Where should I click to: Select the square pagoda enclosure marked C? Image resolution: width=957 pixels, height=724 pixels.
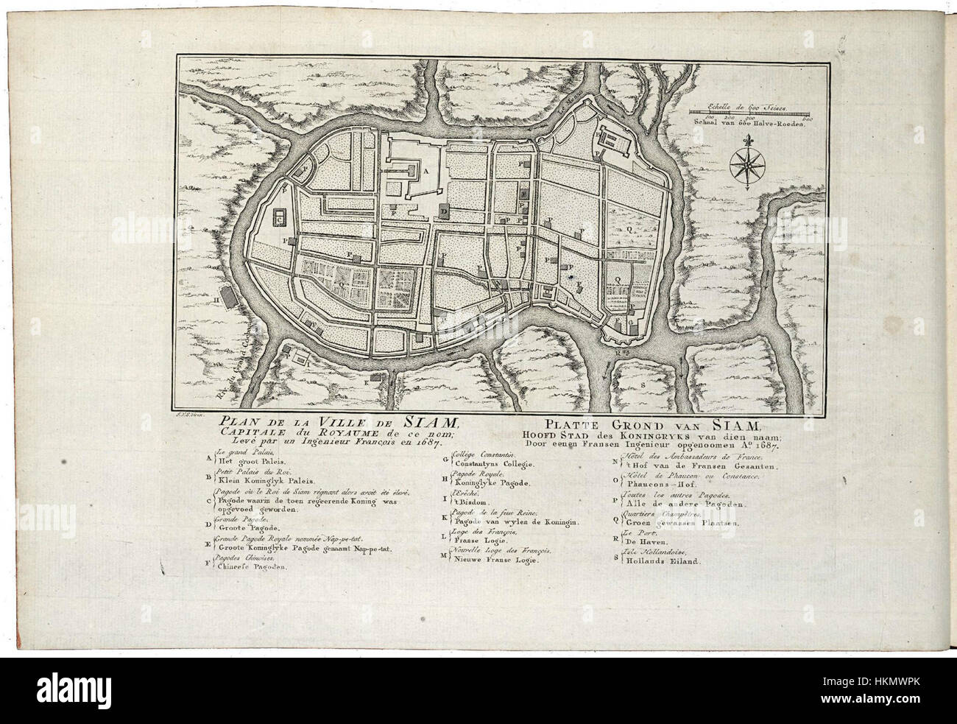point(280,218)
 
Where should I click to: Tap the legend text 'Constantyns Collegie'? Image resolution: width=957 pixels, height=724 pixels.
point(493,465)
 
